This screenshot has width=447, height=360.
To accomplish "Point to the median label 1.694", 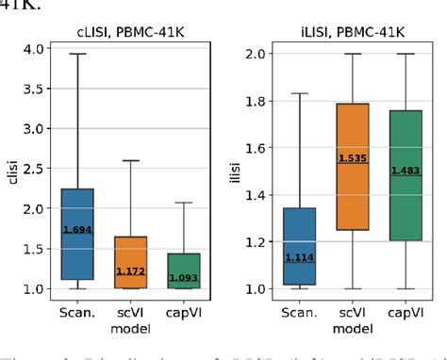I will click(x=78, y=229).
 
